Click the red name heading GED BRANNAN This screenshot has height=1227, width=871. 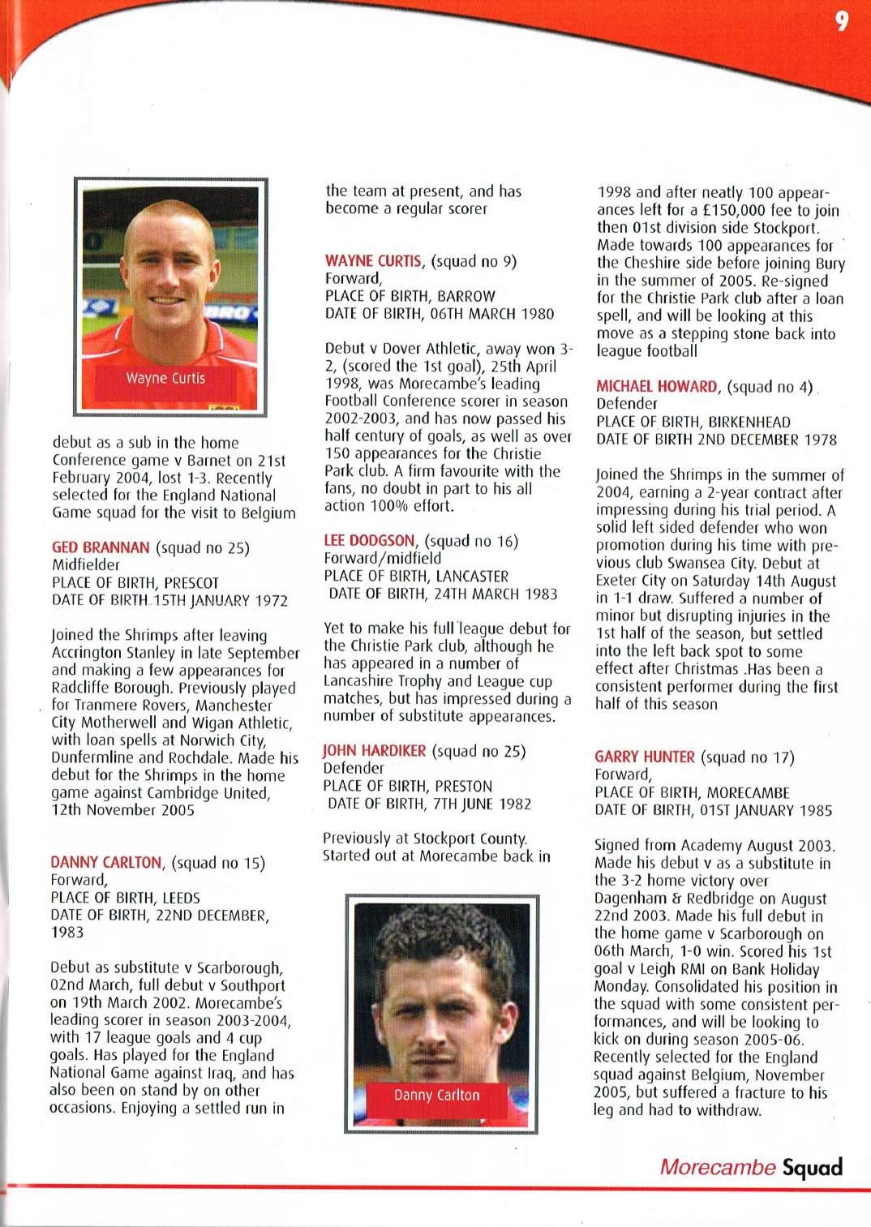click(x=101, y=547)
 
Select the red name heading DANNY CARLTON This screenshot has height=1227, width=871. click(x=106, y=862)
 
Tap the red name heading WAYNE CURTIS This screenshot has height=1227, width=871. click(x=373, y=261)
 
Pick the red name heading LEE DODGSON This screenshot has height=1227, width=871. click(x=369, y=541)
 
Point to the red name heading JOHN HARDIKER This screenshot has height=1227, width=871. click(x=374, y=751)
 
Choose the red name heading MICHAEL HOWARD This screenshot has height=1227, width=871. click(x=657, y=387)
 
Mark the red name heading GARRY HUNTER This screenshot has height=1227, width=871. click(x=645, y=757)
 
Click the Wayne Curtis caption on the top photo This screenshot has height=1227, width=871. click(x=165, y=379)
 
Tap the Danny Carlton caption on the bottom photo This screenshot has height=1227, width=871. click(x=436, y=1095)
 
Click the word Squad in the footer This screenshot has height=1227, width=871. click(x=812, y=1167)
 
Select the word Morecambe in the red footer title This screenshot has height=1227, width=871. click(x=717, y=1167)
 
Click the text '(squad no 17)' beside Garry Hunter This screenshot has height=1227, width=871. click(x=747, y=757)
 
